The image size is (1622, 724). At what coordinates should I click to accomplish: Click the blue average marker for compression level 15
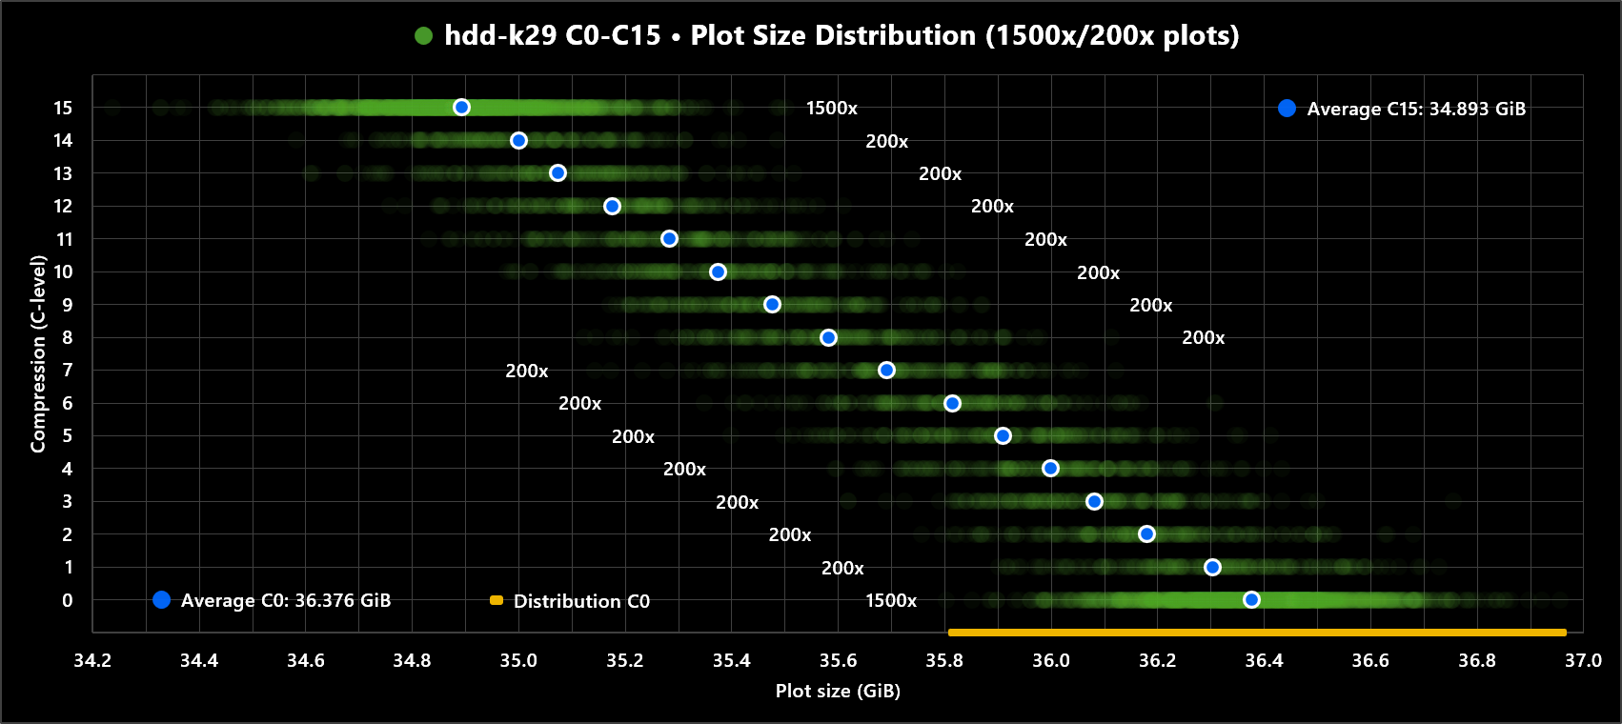click(461, 108)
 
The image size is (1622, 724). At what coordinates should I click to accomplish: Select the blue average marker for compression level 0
click(1251, 600)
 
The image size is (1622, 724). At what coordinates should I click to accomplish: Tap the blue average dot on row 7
click(886, 371)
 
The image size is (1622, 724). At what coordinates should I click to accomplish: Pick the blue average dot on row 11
click(669, 239)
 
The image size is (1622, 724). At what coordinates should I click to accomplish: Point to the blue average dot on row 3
click(1094, 502)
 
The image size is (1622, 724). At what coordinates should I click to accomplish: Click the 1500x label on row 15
click(831, 109)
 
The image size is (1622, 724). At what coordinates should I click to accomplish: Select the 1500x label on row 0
click(890, 601)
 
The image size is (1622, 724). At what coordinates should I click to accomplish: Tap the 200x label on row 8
click(1203, 338)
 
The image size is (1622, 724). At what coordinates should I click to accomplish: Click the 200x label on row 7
click(526, 372)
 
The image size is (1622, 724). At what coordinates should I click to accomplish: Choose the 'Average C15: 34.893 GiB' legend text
click(1415, 110)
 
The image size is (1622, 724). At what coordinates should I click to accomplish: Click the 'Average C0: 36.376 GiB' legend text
click(285, 601)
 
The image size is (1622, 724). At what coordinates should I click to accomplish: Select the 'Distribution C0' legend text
click(581, 602)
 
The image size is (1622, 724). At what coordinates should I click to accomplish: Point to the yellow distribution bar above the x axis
click(1256, 633)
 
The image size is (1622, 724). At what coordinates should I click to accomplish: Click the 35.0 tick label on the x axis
click(518, 661)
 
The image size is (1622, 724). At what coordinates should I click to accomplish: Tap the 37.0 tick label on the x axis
click(1582, 661)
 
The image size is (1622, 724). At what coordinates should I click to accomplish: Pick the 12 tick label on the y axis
click(63, 207)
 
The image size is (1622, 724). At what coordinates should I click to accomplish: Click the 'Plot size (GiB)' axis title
click(838, 692)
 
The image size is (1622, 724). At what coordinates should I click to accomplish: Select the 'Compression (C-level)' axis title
click(38, 353)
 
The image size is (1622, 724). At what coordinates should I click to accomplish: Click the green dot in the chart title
click(424, 36)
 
